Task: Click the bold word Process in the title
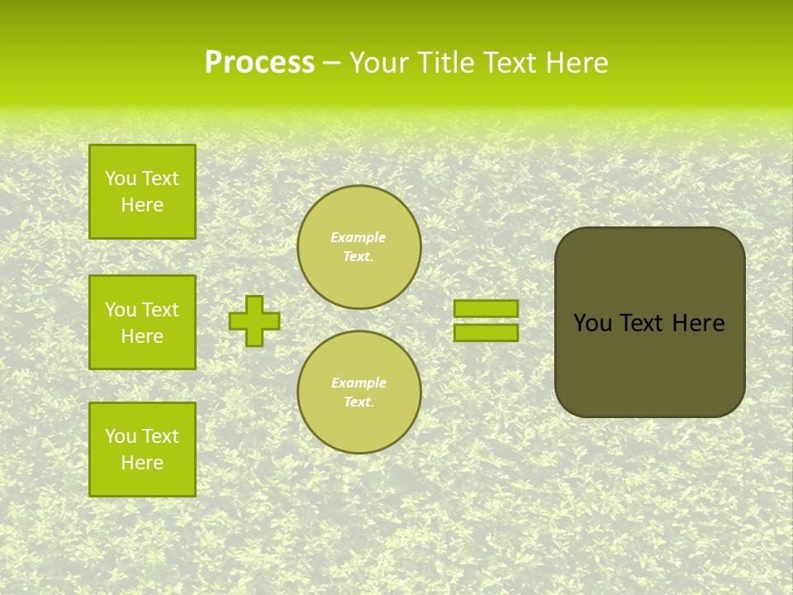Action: coord(259,63)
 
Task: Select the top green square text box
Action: coord(142,192)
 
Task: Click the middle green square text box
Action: coord(142,322)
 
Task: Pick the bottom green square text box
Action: coord(142,449)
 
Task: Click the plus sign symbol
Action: coord(254,321)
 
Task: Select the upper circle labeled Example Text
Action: coord(359,247)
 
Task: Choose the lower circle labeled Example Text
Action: coord(359,393)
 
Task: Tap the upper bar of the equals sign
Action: coord(486,308)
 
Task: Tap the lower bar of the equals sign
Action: coord(486,332)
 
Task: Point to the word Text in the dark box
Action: coord(642,323)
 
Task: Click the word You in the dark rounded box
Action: coord(592,323)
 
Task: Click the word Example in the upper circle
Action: coord(359,237)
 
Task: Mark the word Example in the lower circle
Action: coord(359,383)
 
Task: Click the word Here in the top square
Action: coord(142,205)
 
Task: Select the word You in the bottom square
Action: coord(121,436)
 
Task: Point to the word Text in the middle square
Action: coord(160,310)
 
